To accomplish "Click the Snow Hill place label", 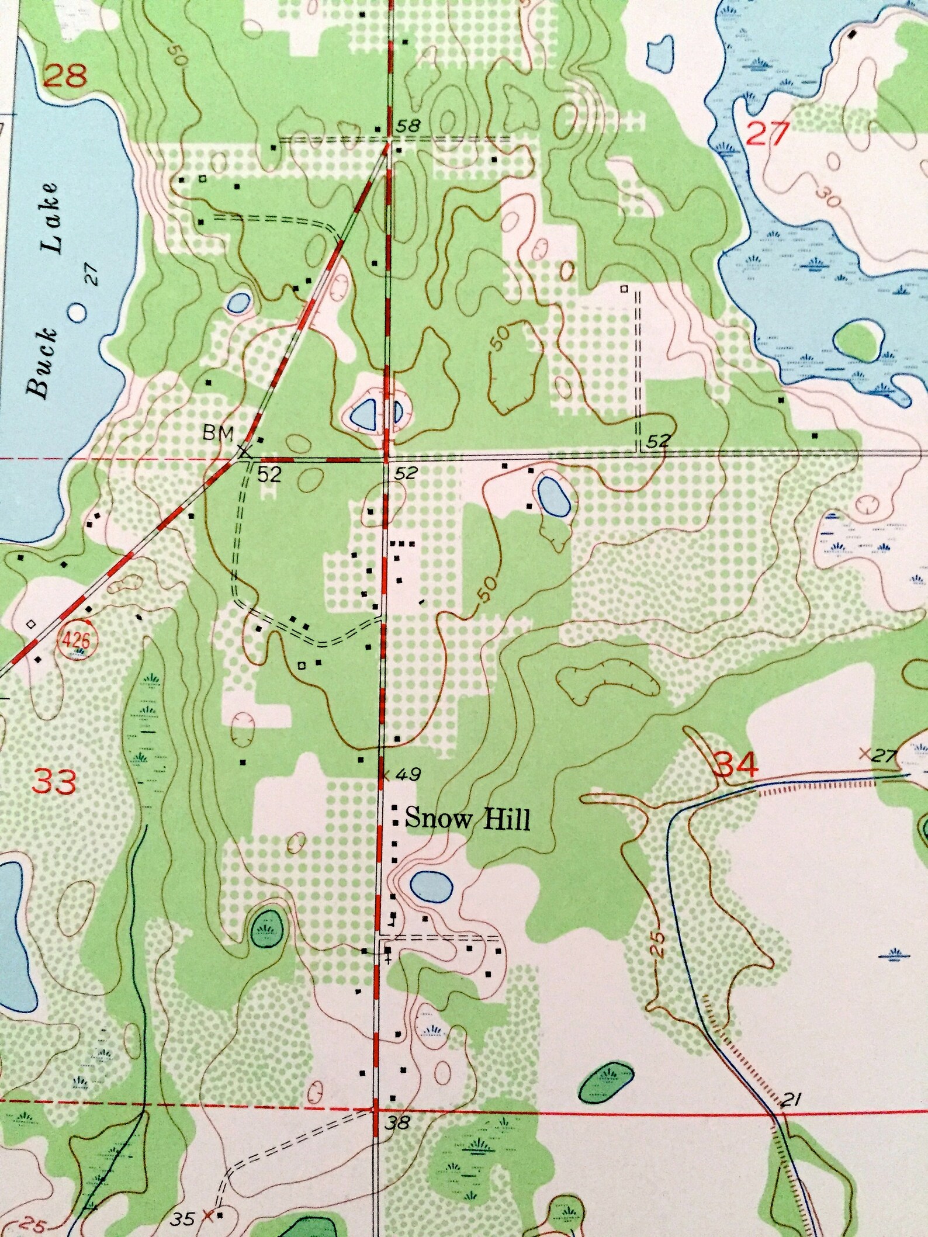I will (x=468, y=819).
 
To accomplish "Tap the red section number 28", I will (x=65, y=76).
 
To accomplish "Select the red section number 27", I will (x=768, y=134).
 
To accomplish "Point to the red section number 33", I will (x=54, y=781).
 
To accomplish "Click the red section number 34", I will (x=737, y=764).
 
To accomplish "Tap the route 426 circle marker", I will (x=75, y=642).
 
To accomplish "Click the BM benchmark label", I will (x=218, y=433).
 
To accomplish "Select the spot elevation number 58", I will (x=408, y=126).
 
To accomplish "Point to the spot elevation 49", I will (x=407, y=775).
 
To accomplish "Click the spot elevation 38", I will (x=397, y=1122).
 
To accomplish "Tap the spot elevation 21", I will (x=790, y=1101).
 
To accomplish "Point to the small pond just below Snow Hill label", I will (x=431, y=885).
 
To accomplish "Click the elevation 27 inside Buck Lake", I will (x=94, y=273).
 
